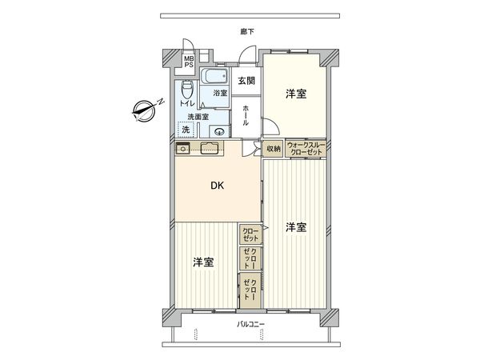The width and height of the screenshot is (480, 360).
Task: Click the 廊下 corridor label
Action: (246, 32)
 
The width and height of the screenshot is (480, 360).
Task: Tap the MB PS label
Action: (189, 62)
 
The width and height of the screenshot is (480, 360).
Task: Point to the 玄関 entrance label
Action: (246, 80)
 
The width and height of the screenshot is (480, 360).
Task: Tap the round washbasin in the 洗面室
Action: (219, 131)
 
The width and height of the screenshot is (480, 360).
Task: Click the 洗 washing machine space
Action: (186, 129)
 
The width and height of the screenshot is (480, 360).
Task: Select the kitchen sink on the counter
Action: (210, 147)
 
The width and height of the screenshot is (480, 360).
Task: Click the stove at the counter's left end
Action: (182, 148)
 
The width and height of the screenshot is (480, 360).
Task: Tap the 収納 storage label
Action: (274, 149)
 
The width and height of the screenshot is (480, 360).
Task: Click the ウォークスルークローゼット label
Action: (304, 149)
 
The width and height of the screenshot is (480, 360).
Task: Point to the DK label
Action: (217, 186)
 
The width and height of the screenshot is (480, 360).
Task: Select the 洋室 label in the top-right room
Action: (295, 94)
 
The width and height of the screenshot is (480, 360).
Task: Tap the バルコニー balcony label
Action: (250, 324)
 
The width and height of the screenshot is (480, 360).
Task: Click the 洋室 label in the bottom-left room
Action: (202, 262)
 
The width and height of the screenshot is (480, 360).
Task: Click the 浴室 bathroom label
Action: (218, 94)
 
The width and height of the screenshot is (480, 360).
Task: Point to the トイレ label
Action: (186, 103)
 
